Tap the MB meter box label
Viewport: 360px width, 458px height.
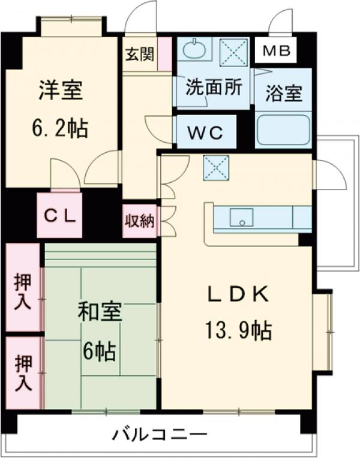pyautogui.click(x=277, y=52)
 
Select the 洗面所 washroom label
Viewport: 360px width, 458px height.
pyautogui.click(x=213, y=88)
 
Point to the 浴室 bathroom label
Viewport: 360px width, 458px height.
pyautogui.click(x=283, y=94)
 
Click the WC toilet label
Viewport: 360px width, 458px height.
pyautogui.click(x=205, y=132)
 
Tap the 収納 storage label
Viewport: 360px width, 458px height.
pyautogui.click(x=140, y=221)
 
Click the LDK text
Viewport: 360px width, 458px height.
pyautogui.click(x=238, y=294)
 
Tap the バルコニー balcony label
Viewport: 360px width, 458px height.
pyautogui.click(x=160, y=433)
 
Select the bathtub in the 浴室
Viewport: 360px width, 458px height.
pyautogui.click(x=283, y=130)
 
